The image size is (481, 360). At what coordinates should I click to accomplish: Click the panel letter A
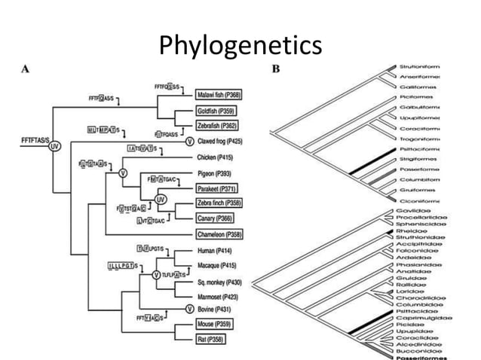(x=24, y=69)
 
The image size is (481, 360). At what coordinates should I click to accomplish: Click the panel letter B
(x=275, y=69)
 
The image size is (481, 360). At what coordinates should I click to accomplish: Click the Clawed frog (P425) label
(x=223, y=141)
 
